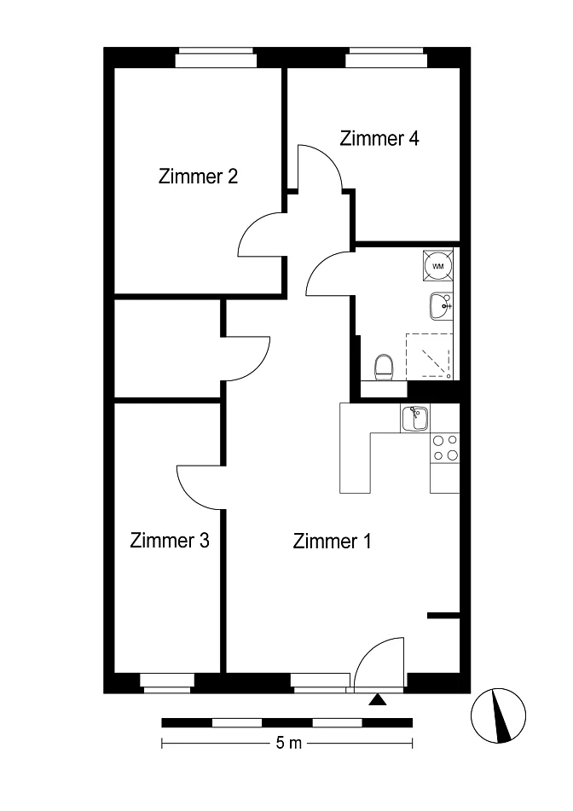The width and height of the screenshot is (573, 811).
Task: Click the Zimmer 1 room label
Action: (x=332, y=541)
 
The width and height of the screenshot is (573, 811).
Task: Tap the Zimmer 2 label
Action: (x=198, y=177)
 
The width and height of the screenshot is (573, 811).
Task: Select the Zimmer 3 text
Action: (x=170, y=540)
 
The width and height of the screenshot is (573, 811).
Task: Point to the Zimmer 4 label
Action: (x=379, y=138)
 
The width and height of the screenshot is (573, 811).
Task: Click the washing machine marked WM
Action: (x=438, y=266)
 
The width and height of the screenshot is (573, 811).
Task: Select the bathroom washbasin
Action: (x=441, y=305)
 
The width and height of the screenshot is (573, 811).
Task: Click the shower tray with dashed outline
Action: (x=430, y=356)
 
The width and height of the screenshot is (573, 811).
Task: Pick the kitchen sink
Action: (x=414, y=419)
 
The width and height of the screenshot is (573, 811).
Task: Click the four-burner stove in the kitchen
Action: (x=445, y=448)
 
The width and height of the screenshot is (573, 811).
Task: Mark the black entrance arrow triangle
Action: (x=379, y=699)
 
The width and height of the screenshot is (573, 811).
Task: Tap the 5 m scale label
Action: (x=288, y=744)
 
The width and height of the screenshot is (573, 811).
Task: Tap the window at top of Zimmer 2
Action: (x=216, y=58)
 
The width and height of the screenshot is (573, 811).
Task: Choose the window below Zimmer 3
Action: (x=167, y=683)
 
